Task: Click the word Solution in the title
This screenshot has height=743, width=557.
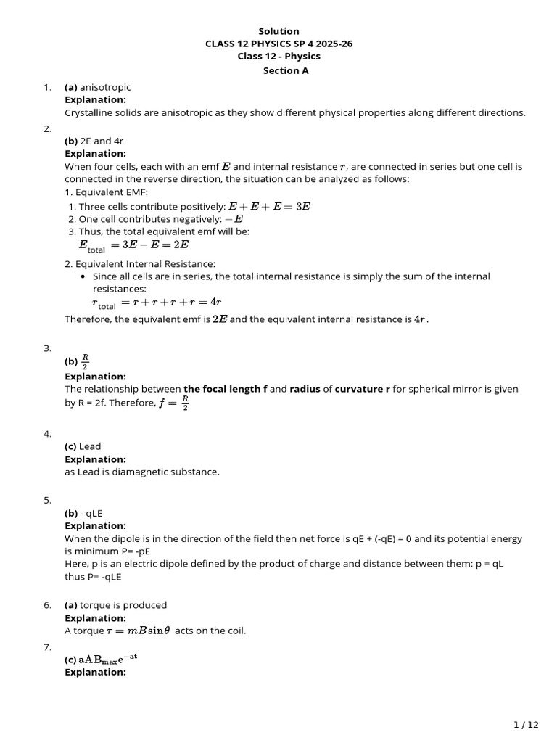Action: pyautogui.click(x=278, y=31)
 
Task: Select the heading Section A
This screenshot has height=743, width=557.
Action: pyautogui.click(x=278, y=70)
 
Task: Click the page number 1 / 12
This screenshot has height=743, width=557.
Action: pyautogui.click(x=526, y=725)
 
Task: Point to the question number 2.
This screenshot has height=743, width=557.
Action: pyautogui.click(x=47, y=128)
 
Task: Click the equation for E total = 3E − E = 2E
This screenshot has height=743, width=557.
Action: pyautogui.click(x=133, y=245)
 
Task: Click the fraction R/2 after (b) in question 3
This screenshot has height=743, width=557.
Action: pyautogui.click(x=85, y=361)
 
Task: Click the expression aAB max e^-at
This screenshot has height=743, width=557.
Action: pyautogui.click(x=107, y=659)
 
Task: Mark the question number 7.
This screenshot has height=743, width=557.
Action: pyautogui.click(x=47, y=646)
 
